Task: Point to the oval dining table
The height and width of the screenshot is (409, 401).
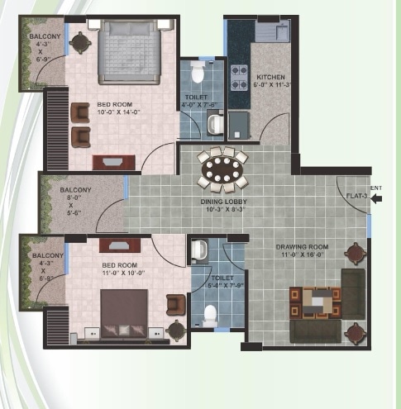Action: point(221,170)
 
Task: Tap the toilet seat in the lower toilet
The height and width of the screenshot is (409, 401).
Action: point(210,315)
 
